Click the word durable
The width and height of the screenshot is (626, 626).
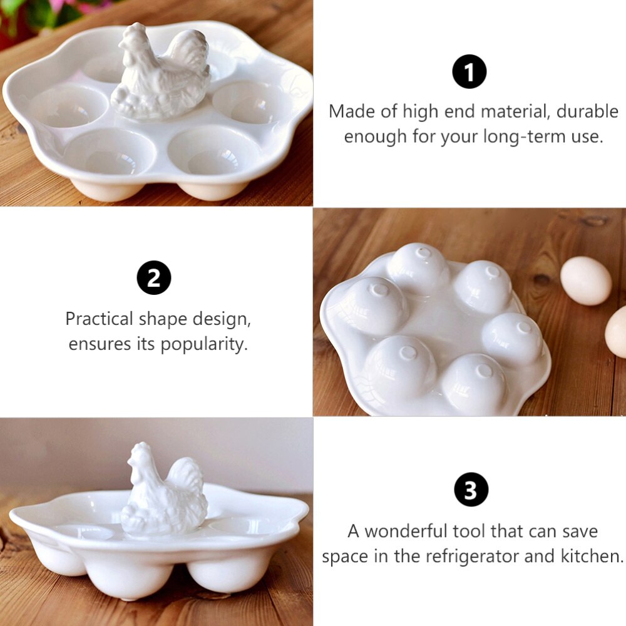coord(587,112)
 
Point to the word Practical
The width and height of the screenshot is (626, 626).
coord(100,319)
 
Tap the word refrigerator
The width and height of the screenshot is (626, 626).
coord(477,557)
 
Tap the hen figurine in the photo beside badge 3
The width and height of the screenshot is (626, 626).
coord(164,491)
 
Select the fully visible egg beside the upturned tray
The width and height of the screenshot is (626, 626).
coord(585,281)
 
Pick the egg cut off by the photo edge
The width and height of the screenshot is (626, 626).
coord(617,331)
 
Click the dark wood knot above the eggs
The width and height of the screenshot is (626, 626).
coord(592,220)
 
